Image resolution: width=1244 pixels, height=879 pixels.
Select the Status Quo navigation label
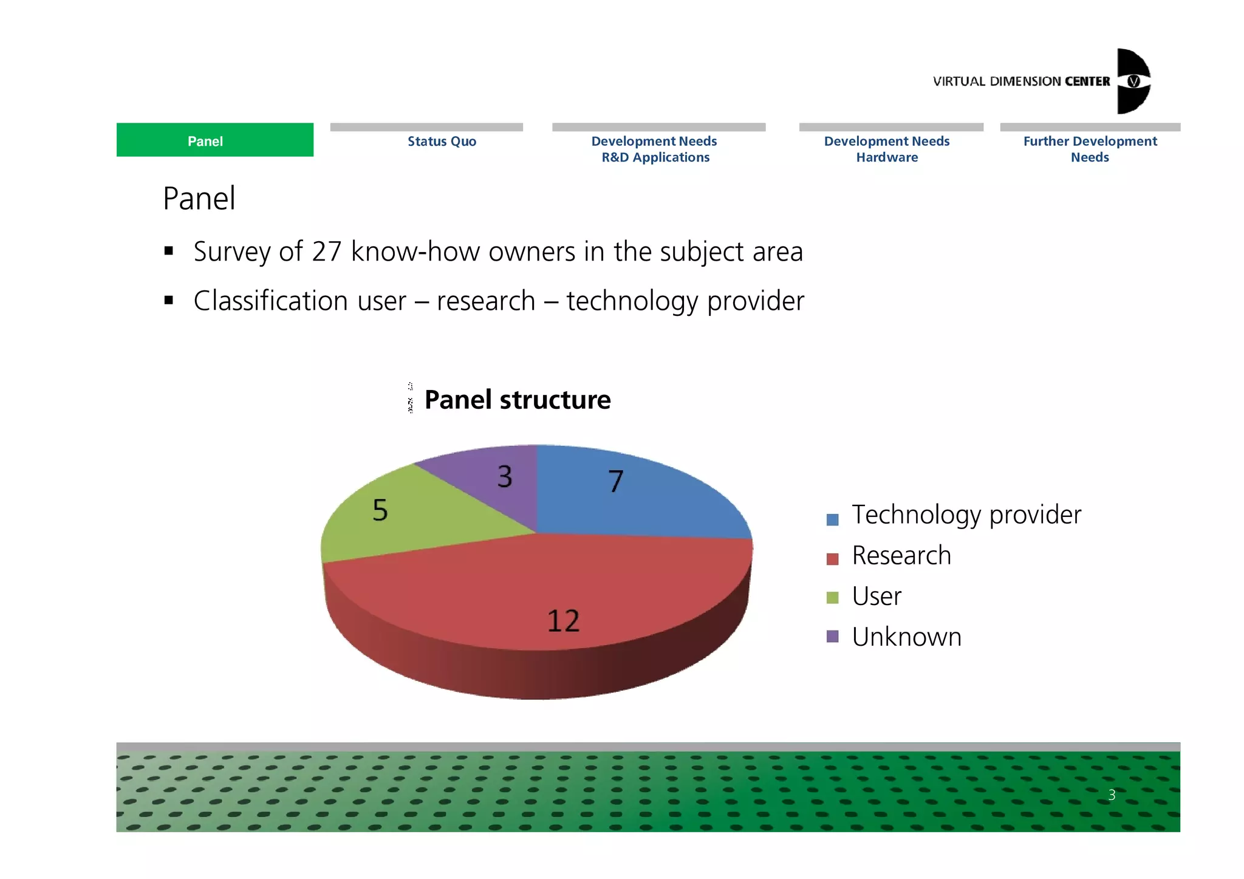click(x=442, y=142)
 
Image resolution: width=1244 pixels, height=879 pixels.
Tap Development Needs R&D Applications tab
click(x=655, y=149)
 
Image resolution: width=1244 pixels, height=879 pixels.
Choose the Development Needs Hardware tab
click(x=886, y=149)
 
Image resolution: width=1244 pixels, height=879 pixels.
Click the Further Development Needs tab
click(x=1090, y=149)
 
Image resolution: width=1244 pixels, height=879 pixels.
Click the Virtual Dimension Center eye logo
click(x=1133, y=81)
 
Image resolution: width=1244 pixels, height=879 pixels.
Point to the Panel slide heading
click(x=199, y=199)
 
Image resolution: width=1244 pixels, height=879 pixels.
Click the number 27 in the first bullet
click(x=327, y=251)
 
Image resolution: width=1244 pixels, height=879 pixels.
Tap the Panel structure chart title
click(x=517, y=400)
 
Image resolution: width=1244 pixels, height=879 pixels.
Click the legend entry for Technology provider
click(x=966, y=515)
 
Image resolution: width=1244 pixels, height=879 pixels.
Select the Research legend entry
click(x=901, y=556)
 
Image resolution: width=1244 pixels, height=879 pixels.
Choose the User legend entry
click(x=876, y=597)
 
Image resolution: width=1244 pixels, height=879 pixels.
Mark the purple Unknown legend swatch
click(x=832, y=637)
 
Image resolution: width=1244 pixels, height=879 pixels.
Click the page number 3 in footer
click(x=1112, y=795)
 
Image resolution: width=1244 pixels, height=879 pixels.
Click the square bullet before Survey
click(x=169, y=251)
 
